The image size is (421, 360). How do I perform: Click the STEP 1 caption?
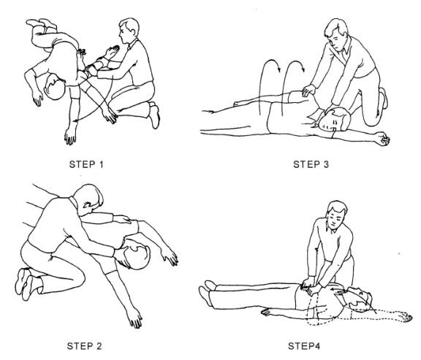86,164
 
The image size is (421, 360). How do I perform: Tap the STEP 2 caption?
84,346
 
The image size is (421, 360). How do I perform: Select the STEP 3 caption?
311,164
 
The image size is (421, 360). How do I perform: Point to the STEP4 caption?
304,346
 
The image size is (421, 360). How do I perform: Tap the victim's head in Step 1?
55,87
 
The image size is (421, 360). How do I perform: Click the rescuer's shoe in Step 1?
154,116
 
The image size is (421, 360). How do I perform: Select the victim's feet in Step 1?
42,23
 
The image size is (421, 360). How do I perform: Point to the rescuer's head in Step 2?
89,199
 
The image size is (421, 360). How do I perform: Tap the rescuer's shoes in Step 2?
25,283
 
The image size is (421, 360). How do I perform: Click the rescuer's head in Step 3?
336,31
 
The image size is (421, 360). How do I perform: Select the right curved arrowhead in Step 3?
303,69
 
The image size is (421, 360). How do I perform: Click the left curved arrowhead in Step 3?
278,69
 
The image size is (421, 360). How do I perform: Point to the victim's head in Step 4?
359,299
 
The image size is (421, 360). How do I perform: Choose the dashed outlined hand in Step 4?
403,316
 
